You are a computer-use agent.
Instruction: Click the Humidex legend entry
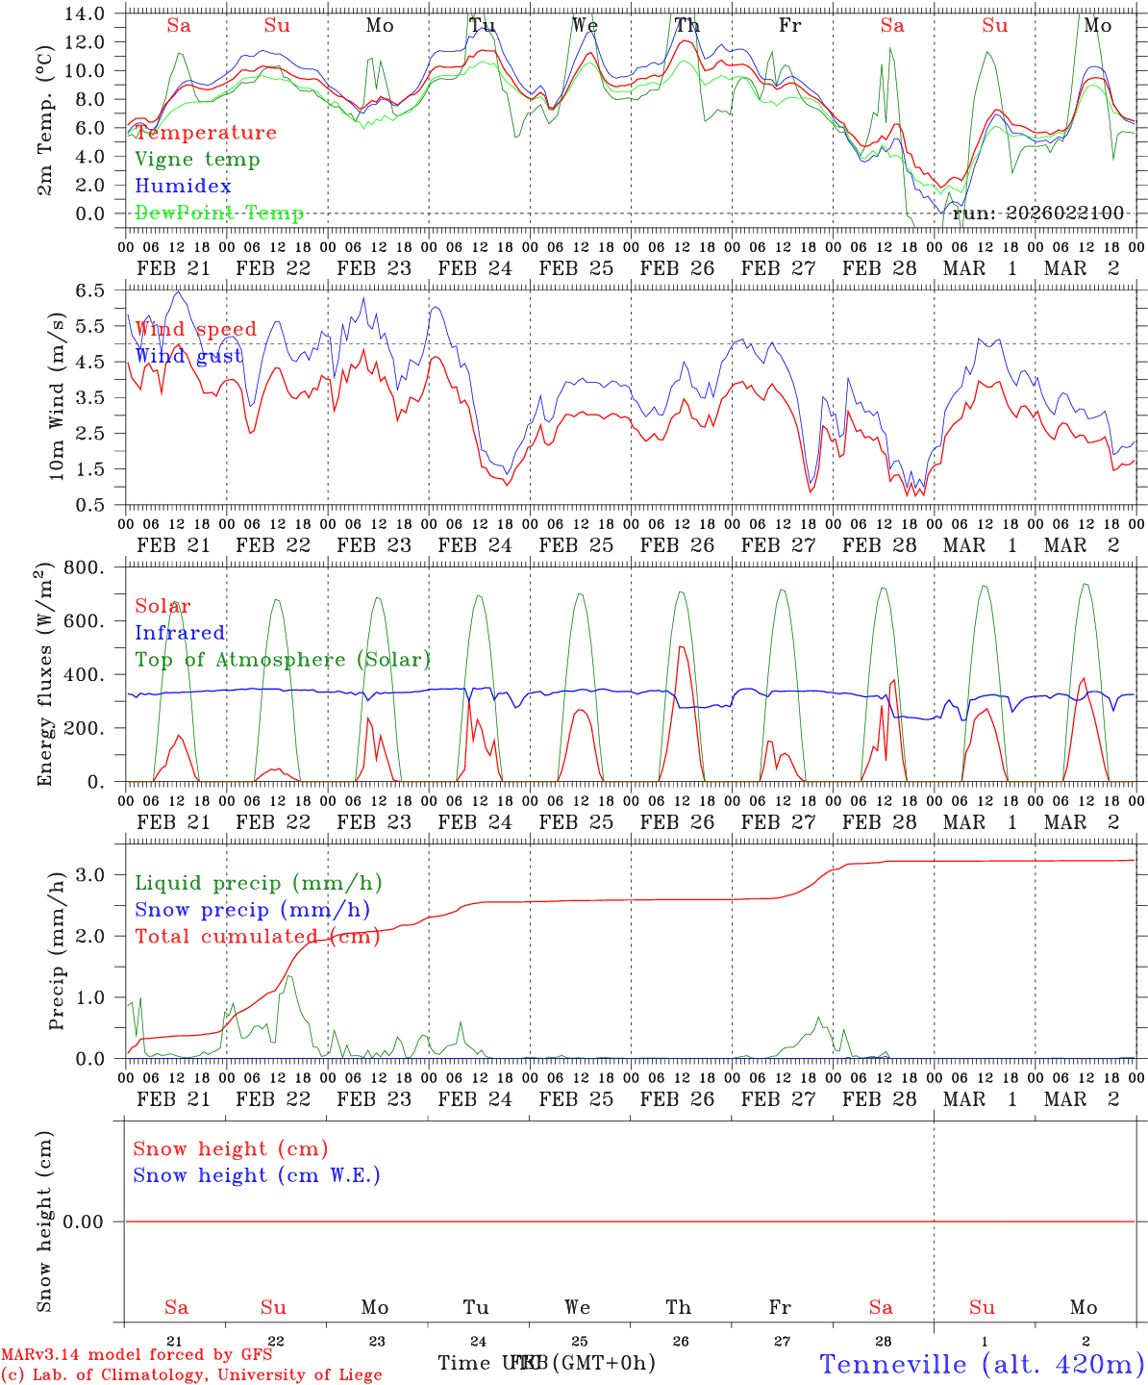coord(183,187)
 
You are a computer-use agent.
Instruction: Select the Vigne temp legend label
coord(197,160)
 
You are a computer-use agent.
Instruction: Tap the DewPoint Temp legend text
coord(219,214)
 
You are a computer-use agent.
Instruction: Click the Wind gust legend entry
coord(188,356)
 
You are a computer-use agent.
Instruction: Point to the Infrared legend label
coord(180,633)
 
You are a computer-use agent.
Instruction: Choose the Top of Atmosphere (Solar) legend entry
coord(283,660)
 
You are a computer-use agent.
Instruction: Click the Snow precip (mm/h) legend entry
coord(252,910)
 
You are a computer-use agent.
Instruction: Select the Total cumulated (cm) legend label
coord(257,937)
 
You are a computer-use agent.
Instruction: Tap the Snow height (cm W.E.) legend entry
coord(257,1175)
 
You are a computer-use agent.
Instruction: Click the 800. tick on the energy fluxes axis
coord(85,567)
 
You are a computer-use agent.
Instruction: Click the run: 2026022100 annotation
coord(1037,214)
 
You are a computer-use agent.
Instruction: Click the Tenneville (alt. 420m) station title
coord(982,1364)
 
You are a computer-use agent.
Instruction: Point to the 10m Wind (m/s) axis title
coord(57,396)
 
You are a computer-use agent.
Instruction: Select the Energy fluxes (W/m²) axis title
coord(44,675)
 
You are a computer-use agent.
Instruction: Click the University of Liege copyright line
coord(191,1375)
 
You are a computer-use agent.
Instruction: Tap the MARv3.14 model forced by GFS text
coord(137,1355)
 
